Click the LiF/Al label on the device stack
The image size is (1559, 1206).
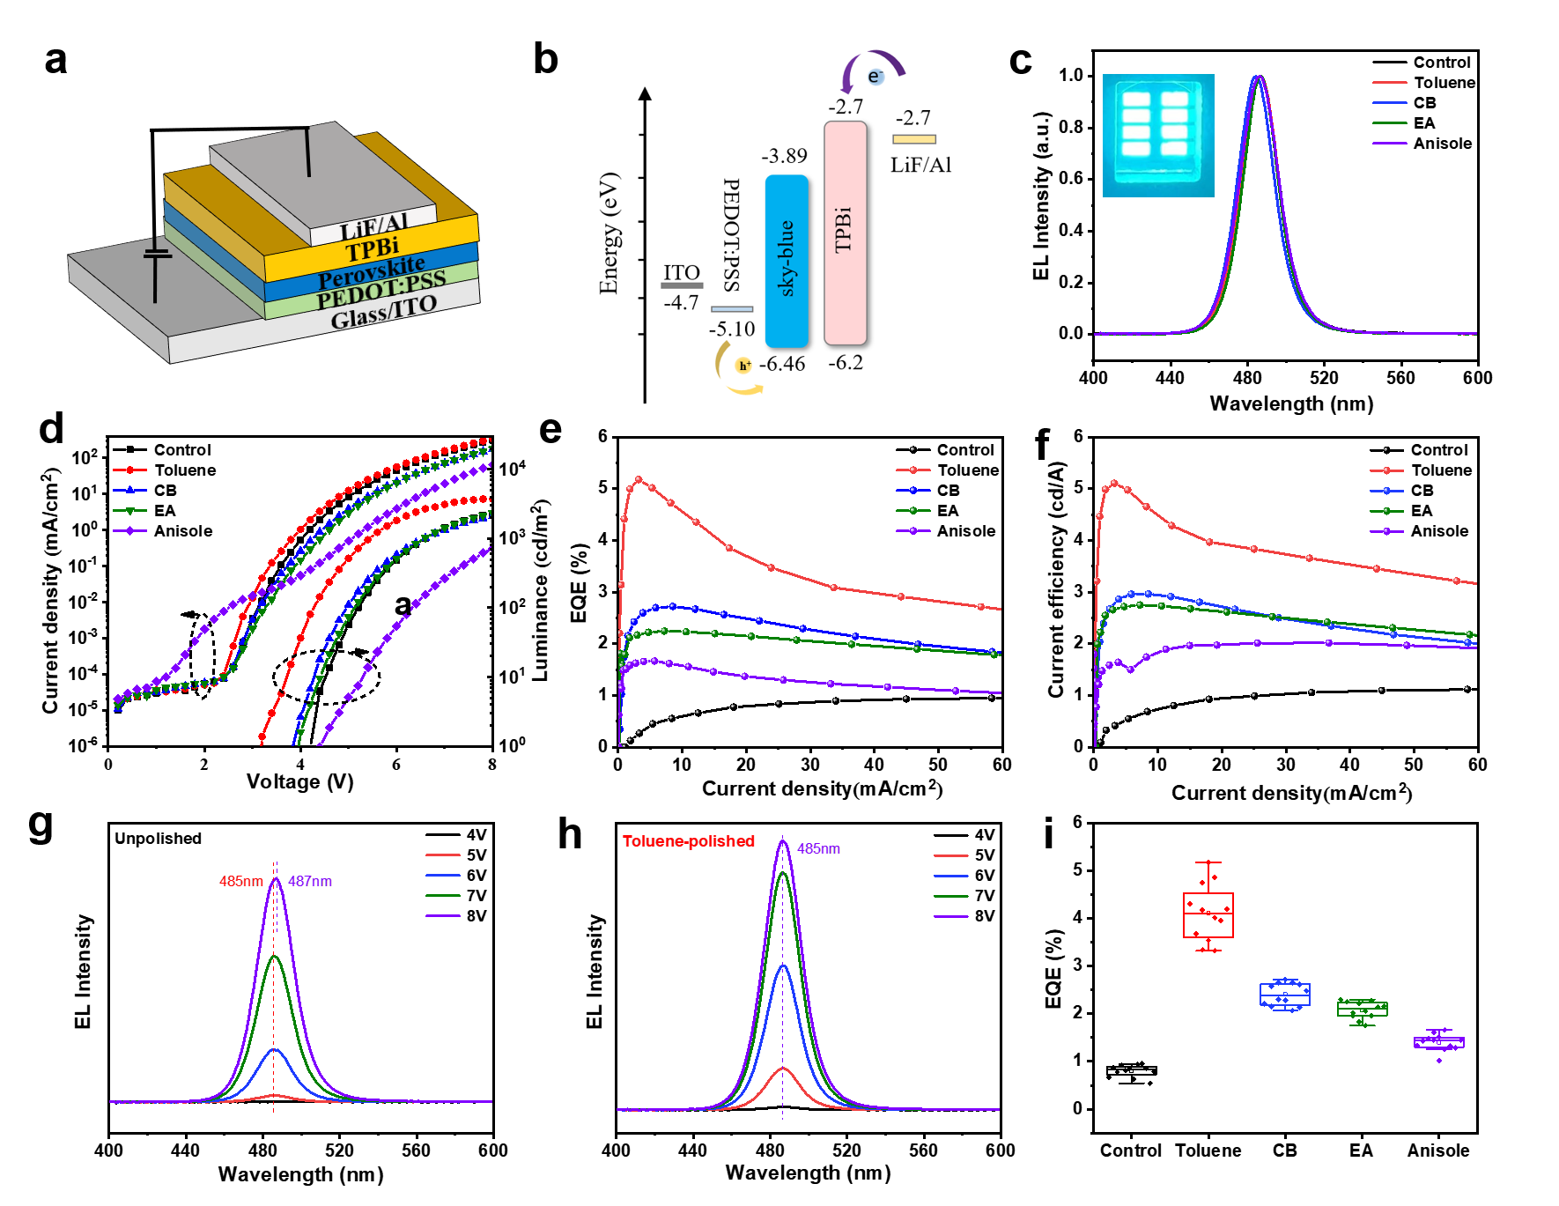373,227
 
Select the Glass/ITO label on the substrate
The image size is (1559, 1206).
383,312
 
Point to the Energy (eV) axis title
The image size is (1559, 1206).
609,233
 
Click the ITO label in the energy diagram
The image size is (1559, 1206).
682,273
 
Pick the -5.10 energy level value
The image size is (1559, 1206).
732,329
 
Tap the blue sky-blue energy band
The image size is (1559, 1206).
787,261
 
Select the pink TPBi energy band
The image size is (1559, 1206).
845,233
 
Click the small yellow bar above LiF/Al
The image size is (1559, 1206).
914,139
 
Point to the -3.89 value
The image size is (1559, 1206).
784,156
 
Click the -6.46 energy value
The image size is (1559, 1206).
782,364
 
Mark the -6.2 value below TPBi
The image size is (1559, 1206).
846,363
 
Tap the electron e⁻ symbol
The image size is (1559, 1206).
874,77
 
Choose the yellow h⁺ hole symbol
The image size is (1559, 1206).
744,366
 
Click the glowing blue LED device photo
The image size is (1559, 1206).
1158,135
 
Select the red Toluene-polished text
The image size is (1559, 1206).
689,841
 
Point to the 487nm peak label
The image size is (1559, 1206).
310,881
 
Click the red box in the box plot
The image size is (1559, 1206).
1208,914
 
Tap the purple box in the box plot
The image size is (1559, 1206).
1439,1043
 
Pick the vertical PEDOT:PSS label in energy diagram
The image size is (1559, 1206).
731,234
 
